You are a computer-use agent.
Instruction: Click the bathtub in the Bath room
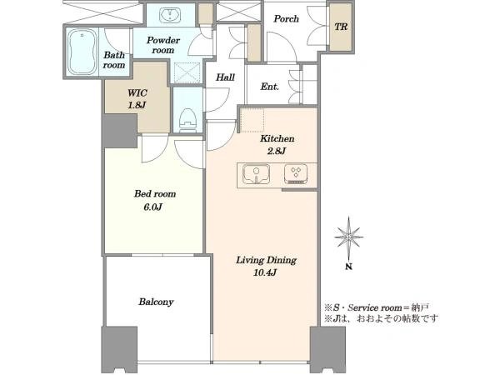pyautogui.click(x=82, y=52)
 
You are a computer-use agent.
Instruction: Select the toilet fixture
pyautogui.click(x=187, y=120)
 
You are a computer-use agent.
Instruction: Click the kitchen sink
pyautogui.click(x=256, y=174)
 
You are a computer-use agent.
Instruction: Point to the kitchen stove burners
pyautogui.click(x=296, y=174)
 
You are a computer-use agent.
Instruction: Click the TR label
pyautogui.click(x=341, y=27)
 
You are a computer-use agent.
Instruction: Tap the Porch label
pyautogui.click(x=287, y=19)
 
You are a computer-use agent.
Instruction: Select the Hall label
pyautogui.click(x=226, y=77)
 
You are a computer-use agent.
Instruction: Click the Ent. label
pyautogui.click(x=270, y=87)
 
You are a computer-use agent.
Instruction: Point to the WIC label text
pyautogui.click(x=137, y=93)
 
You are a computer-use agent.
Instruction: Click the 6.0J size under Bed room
pyautogui.click(x=153, y=207)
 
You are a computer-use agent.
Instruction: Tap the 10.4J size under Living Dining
pyautogui.click(x=265, y=272)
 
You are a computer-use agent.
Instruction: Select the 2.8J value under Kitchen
pyautogui.click(x=277, y=151)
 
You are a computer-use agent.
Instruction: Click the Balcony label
pyautogui.click(x=156, y=302)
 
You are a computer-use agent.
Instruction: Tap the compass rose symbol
pyautogui.click(x=349, y=237)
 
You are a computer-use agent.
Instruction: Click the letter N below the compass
pyautogui.click(x=349, y=267)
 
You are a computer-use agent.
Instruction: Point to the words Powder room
pyautogui.click(x=163, y=45)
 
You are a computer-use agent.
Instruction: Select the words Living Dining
pyautogui.click(x=266, y=260)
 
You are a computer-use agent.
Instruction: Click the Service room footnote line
pyautogui.click(x=377, y=307)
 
